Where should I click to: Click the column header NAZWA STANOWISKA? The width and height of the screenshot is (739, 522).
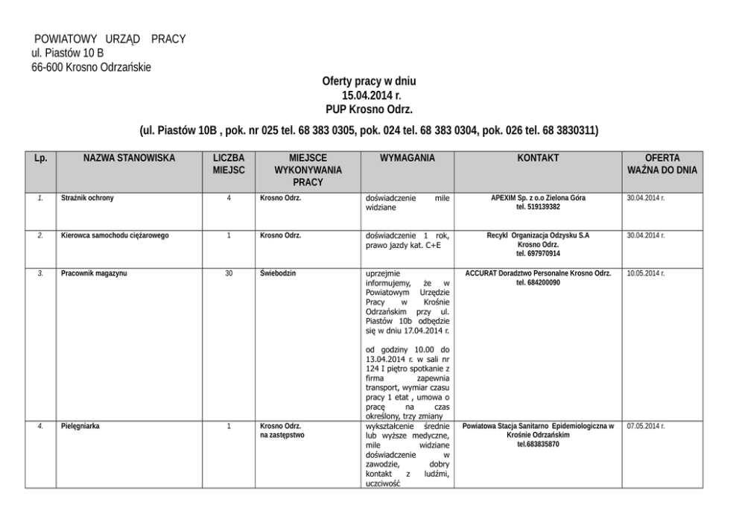coord(129,159)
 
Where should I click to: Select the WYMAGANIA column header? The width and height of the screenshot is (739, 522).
coord(407,159)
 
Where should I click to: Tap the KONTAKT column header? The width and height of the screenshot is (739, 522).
coord(538,159)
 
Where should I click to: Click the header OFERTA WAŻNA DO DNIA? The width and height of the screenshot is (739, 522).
coord(662,164)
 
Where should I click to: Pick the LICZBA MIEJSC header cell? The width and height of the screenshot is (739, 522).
coord(229,164)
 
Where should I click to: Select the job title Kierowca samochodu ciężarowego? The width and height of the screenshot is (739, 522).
coord(115,235)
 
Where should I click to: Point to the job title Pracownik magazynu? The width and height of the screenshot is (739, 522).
coord(94,273)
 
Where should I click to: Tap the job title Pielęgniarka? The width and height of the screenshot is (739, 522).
coord(80,426)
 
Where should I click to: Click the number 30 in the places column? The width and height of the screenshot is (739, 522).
coord(229,273)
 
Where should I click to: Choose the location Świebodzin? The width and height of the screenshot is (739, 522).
coord(278,273)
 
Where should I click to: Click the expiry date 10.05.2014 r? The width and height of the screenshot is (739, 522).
coord(646,273)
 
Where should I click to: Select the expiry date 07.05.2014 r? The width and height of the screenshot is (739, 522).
coord(646,426)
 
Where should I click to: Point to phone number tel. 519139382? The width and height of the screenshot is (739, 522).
coord(538,207)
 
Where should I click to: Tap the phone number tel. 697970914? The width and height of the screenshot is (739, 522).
coord(538,253)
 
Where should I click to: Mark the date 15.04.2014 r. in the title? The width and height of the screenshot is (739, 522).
coord(369,95)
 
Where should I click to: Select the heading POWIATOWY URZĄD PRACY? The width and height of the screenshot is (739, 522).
coord(110,39)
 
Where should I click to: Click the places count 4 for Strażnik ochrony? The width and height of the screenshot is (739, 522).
coord(229,198)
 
